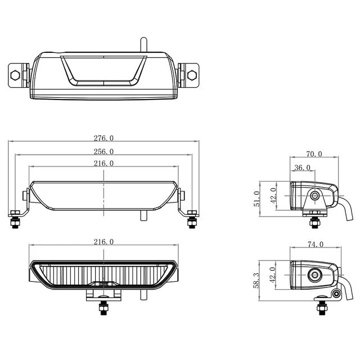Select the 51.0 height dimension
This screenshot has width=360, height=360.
pos(257,198)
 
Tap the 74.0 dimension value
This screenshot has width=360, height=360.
pos(316,244)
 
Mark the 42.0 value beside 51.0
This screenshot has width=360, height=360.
pos(273,193)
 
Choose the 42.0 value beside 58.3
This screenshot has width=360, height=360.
pos(273,273)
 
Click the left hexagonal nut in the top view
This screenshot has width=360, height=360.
pos(16,73)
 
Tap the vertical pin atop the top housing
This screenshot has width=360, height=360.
pos(143,43)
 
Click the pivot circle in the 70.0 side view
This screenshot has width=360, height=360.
pos(314,196)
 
